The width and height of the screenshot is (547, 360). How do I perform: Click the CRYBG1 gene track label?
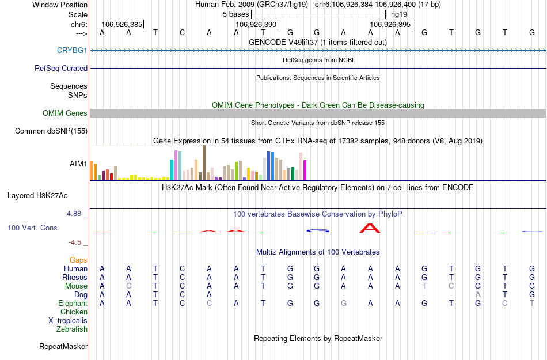(72, 50)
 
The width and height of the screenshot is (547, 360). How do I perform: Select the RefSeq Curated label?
(61, 68)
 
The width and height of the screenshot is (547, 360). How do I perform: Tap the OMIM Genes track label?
(65, 113)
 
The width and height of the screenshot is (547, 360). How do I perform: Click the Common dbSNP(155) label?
(51, 131)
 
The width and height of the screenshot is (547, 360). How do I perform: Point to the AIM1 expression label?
(78, 164)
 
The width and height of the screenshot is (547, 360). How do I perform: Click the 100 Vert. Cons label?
(32, 228)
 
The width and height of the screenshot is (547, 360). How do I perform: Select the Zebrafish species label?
(72, 329)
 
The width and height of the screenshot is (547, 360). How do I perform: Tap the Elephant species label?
(73, 303)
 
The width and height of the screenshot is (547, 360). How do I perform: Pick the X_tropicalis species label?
(68, 321)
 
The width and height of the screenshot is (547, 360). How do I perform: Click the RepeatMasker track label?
(63, 347)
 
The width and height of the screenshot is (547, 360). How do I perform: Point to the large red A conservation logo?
(370, 228)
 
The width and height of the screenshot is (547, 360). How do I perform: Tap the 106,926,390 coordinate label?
(256, 25)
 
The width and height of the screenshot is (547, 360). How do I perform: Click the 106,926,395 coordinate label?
(390, 25)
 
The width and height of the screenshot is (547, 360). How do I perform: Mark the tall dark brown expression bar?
(204, 162)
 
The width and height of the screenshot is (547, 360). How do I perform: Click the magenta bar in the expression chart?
(305, 170)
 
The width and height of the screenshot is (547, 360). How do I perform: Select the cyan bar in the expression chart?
(172, 169)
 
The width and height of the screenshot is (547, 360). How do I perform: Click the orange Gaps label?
(79, 260)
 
